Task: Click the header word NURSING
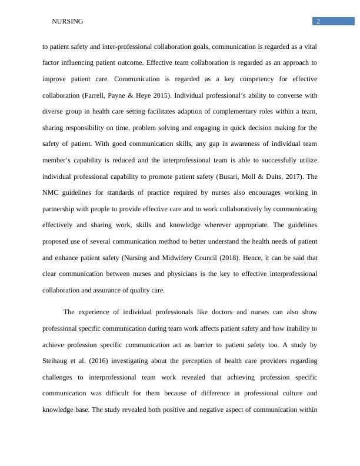(68, 22)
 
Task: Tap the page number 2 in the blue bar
(318, 22)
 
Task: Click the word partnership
(61, 209)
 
